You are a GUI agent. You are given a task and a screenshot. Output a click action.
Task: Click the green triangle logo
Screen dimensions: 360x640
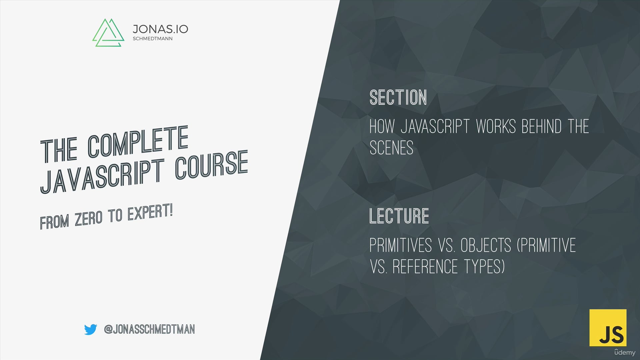108,33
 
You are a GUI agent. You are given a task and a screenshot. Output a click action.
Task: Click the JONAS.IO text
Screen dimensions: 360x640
160,29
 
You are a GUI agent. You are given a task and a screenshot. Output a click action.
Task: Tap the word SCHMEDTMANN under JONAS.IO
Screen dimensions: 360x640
153,39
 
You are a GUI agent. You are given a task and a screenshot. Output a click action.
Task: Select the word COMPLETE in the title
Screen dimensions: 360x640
138,141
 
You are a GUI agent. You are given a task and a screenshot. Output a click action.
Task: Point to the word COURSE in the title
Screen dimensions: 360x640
211,164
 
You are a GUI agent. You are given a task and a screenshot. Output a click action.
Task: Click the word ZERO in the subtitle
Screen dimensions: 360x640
88,219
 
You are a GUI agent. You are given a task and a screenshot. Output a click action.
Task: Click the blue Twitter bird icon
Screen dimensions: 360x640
90,329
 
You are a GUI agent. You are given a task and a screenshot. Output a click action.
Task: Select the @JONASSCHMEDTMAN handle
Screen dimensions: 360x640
149,329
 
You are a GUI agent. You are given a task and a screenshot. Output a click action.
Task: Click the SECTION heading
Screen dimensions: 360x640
398,98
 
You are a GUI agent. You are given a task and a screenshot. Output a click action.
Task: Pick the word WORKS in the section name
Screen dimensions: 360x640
496,127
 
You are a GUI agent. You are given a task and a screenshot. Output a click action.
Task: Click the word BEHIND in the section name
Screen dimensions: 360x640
542,127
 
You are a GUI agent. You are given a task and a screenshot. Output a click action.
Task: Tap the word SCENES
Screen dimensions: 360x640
391,148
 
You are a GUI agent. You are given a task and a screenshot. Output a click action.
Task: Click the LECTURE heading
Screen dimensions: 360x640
399,216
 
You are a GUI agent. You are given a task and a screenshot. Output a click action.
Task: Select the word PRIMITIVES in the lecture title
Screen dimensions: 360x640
400,246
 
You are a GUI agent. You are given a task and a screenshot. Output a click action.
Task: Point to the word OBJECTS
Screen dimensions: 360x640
486,246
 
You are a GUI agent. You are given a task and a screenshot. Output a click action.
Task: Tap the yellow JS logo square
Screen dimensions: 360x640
608,328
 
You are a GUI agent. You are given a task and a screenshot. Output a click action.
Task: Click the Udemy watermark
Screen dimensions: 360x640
625,352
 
